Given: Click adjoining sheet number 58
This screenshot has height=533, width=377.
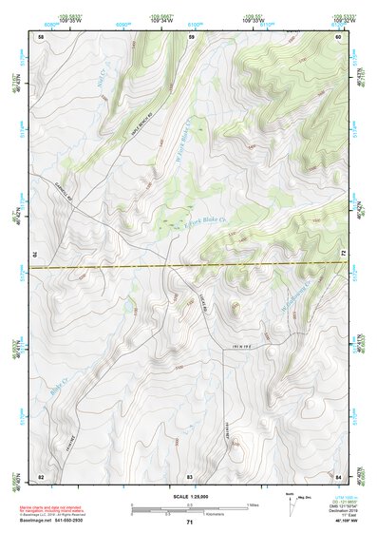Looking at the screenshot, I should click(41, 36).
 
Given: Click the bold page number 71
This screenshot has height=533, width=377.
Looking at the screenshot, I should click(190, 523).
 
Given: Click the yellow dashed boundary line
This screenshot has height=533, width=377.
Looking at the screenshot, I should click(190, 265).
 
